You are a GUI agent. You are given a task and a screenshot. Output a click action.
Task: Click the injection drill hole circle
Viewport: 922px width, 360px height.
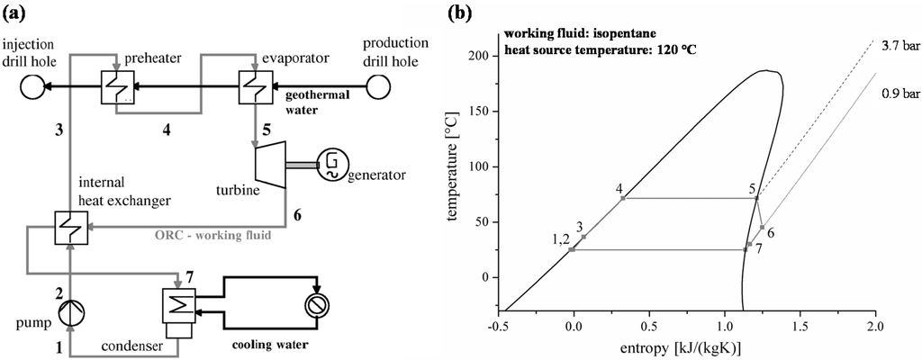click(19, 87)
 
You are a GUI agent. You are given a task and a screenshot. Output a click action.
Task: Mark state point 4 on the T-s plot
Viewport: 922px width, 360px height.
click(623, 198)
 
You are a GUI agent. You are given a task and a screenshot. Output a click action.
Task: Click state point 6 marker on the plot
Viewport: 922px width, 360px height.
click(762, 227)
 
